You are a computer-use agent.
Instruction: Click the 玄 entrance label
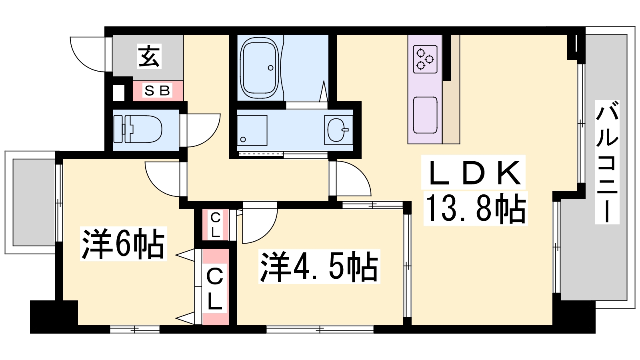pyautogui.click(x=149, y=56)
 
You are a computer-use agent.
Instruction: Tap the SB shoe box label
pyautogui.click(x=158, y=91)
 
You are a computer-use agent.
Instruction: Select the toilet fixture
pyautogui.click(x=138, y=129)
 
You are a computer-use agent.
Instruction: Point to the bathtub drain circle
pyautogui.click(x=270, y=68)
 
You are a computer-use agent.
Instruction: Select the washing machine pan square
pyautogui.click(x=252, y=130)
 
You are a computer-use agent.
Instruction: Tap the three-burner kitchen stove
pyautogui.click(x=425, y=60)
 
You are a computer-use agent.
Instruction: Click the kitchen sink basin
pyautogui.click(x=425, y=115)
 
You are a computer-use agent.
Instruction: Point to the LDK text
pyautogui.click(x=473, y=172)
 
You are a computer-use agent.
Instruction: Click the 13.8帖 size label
pyautogui.click(x=476, y=208)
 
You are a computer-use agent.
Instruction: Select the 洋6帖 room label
pyautogui.click(x=124, y=244)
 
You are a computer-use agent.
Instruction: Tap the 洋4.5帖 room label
pyautogui.click(x=319, y=266)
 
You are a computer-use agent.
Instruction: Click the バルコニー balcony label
pyautogui.click(x=607, y=162)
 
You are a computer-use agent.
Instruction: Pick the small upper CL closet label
pyautogui.click(x=215, y=226)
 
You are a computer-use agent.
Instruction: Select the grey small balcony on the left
pyautogui.click(x=34, y=202)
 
